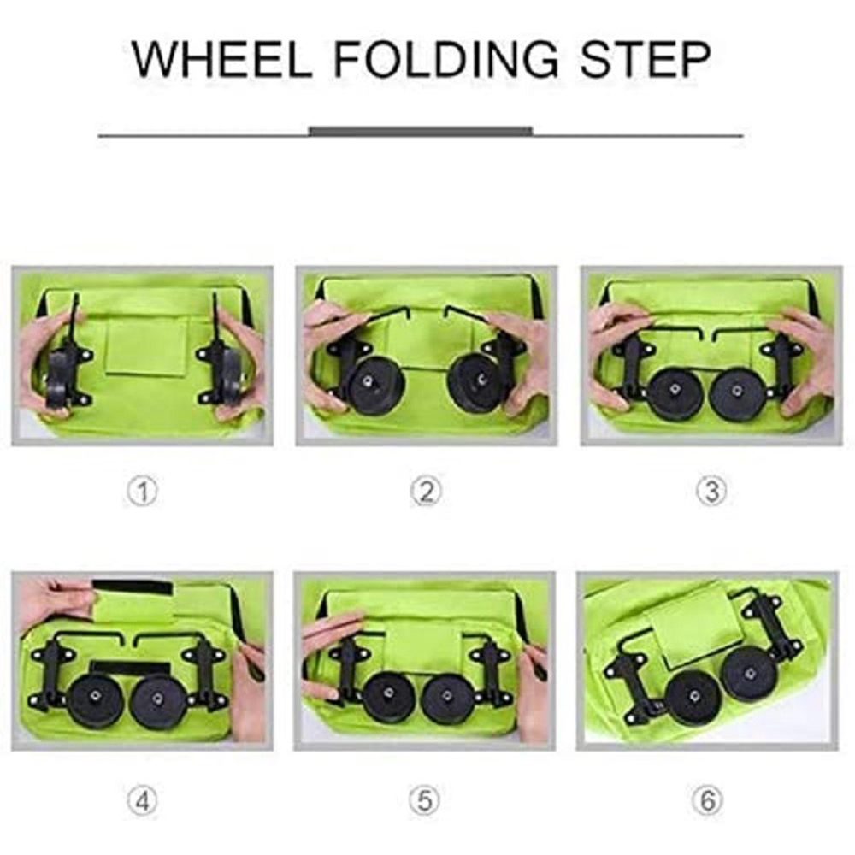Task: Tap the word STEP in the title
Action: pos(646,59)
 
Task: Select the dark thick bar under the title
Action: pos(420,132)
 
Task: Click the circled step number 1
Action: pos(142,492)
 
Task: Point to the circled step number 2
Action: pos(426,492)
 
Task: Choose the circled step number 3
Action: pos(711,492)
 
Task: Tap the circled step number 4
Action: pos(142,801)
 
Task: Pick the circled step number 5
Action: pos(425,801)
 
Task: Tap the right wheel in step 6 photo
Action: pos(748,673)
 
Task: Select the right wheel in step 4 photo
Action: pos(157,699)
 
